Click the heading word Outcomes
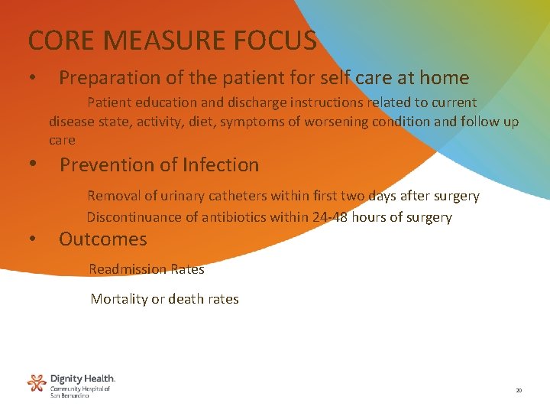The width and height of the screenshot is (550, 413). tap(102, 239)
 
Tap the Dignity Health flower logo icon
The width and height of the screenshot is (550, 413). tap(37, 382)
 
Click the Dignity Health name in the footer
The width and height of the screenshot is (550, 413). tap(82, 379)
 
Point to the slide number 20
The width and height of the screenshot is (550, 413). tap(519, 390)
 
